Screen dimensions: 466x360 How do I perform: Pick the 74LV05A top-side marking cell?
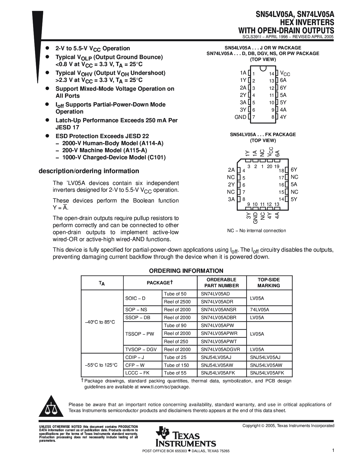(259, 310)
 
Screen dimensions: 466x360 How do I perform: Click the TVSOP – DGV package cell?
(141, 349)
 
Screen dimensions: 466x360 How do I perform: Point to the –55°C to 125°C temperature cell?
(101, 365)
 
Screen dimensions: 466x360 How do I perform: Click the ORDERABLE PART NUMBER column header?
(221, 282)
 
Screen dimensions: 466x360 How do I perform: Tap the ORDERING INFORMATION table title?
(186, 271)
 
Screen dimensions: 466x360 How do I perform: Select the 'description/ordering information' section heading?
(89, 171)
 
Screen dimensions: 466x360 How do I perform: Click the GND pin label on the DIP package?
(240, 117)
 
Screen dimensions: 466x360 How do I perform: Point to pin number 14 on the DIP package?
(272, 74)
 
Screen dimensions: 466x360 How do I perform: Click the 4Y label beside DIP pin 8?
(283, 117)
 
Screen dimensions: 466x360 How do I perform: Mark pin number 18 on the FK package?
(281, 171)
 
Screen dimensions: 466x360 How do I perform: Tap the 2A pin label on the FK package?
(231, 170)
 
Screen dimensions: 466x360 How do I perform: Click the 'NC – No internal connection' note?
(256, 231)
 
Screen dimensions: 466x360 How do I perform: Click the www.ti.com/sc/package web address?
(165, 387)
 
